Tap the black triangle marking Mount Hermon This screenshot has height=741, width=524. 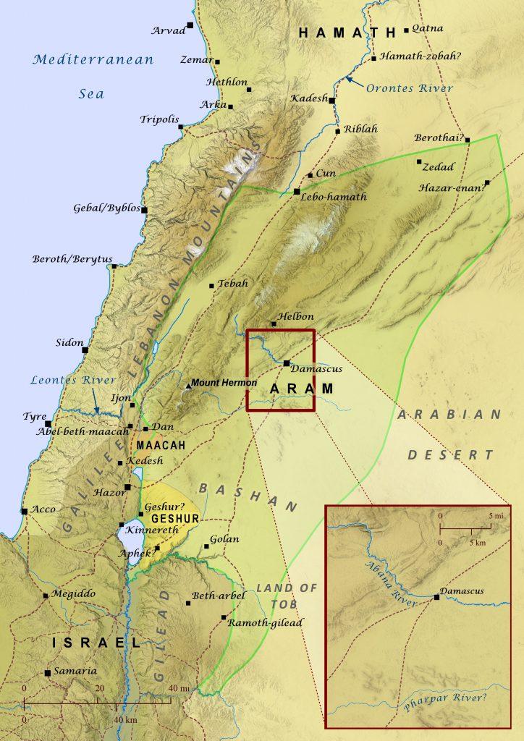pos(188,386)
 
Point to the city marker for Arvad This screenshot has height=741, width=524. pos(190,25)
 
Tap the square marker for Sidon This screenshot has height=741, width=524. pos(85,350)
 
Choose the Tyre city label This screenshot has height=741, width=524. pos(34,417)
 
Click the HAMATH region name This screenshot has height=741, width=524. pos(348,33)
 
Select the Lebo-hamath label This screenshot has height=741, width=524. pos(335,197)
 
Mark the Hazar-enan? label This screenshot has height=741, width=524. pos(451,187)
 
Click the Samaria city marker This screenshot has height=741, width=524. pos(47,673)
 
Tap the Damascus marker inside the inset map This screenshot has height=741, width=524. pos(436,597)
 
